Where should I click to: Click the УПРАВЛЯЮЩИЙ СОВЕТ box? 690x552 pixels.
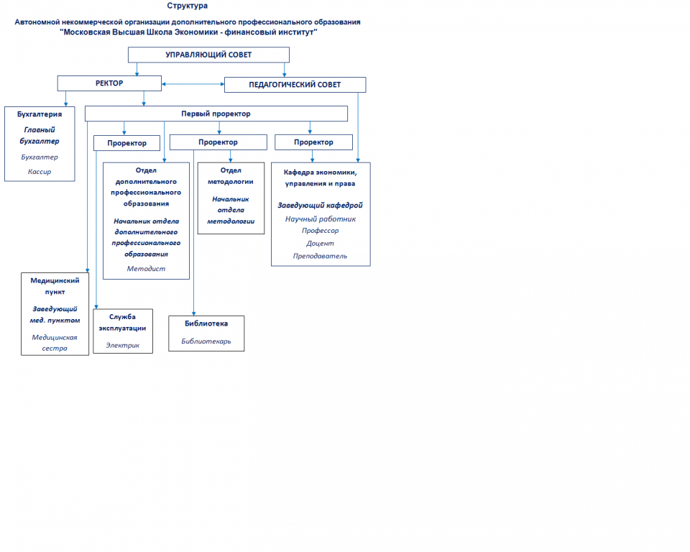point(208,55)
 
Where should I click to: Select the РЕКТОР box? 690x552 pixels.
point(109,83)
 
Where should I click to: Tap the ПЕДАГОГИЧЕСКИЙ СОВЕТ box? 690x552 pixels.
point(295,85)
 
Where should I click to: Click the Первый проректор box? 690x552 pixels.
point(216,114)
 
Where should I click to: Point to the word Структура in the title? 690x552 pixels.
point(188,6)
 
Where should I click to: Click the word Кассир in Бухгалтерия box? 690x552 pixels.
point(40,172)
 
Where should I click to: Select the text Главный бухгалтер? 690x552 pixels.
point(40,136)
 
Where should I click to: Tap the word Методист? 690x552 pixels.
point(146,269)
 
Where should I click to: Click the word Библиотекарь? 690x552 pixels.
point(206,341)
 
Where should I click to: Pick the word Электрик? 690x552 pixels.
point(122,345)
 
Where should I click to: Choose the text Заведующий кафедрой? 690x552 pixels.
point(321,205)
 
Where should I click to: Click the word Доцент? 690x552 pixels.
point(320,244)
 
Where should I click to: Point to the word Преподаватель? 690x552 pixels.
point(320,256)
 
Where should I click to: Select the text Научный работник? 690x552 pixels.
point(321,218)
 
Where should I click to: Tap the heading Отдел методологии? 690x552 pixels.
point(231,175)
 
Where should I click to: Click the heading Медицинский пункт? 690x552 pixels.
point(55,286)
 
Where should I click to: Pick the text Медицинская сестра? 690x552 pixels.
point(55,342)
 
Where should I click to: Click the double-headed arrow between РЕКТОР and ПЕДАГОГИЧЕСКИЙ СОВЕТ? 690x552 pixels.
point(193,84)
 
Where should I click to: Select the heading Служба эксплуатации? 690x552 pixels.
point(122,322)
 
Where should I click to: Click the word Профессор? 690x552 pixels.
point(321,231)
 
